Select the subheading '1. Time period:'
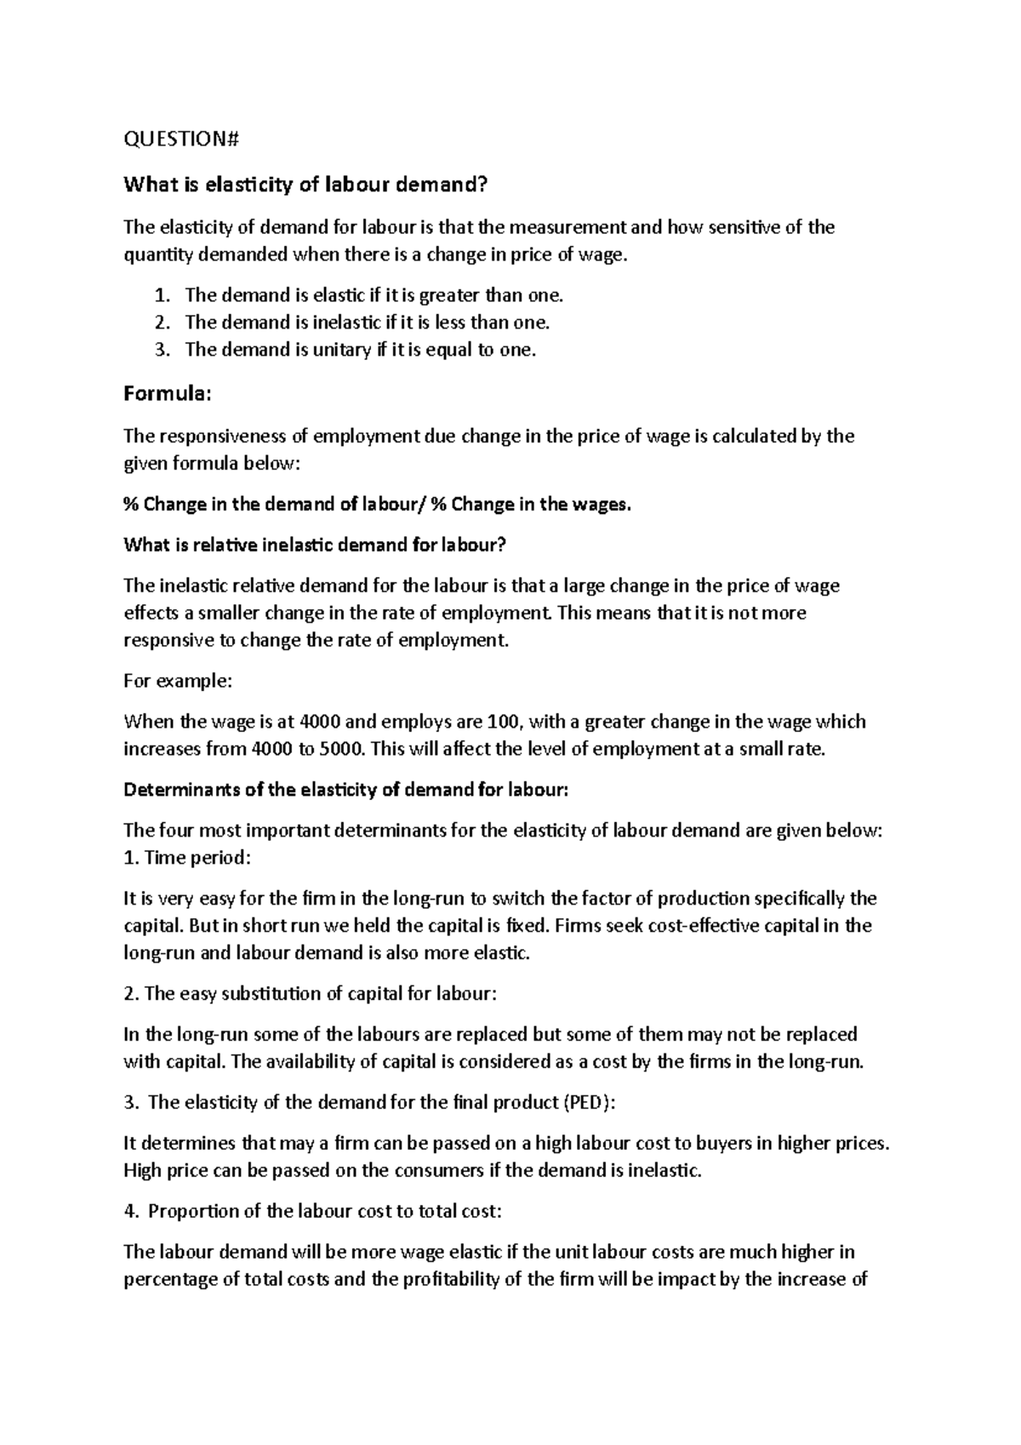[x=187, y=858]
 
